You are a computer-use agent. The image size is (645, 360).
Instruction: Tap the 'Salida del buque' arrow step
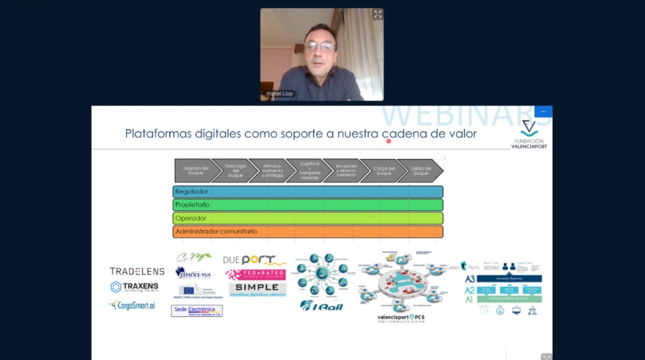click(421, 170)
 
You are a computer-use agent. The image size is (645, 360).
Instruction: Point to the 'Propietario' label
click(193, 205)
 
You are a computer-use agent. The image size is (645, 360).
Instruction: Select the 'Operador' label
click(191, 218)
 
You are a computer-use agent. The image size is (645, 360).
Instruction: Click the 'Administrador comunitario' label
click(216, 232)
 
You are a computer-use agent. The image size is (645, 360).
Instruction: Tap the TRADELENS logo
click(137, 271)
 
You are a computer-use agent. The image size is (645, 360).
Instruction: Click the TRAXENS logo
click(134, 287)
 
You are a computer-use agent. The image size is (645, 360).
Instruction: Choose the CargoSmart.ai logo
click(132, 305)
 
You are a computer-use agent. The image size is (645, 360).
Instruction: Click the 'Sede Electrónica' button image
click(196, 311)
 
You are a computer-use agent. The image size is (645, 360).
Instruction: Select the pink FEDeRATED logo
click(255, 274)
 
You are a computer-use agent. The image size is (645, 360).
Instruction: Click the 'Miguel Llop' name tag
click(279, 95)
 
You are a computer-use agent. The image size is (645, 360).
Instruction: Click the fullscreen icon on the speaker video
click(377, 14)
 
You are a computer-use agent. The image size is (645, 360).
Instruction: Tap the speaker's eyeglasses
click(320, 47)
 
